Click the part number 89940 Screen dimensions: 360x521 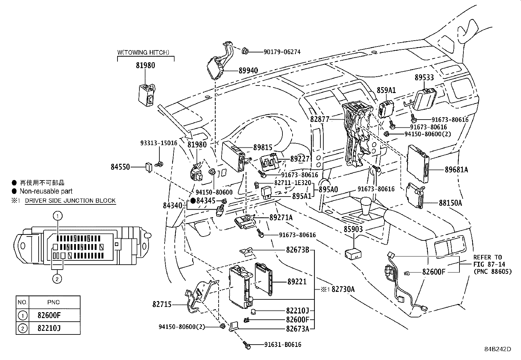[x=248, y=70]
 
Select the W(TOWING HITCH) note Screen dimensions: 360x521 [x=143, y=52]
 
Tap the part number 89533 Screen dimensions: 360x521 [x=424, y=78]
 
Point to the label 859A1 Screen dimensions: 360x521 [x=386, y=90]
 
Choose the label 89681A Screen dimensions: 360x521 [x=456, y=170]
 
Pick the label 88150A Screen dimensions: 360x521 [x=450, y=203]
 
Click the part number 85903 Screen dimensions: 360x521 [x=353, y=229]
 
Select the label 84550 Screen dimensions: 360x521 [x=120, y=167]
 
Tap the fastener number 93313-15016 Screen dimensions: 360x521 [x=159, y=143]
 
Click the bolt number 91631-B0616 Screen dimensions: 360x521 [x=283, y=345]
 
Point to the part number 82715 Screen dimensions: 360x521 [x=162, y=304]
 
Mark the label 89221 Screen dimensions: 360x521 [x=297, y=281]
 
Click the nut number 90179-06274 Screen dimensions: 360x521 [x=282, y=52]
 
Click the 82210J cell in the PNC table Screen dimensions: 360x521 [x=49, y=328]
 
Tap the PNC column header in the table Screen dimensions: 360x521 [x=54, y=302]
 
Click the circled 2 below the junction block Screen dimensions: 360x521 [x=58, y=279]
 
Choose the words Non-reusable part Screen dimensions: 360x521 [x=46, y=191]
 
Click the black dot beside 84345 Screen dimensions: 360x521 [x=193, y=200]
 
